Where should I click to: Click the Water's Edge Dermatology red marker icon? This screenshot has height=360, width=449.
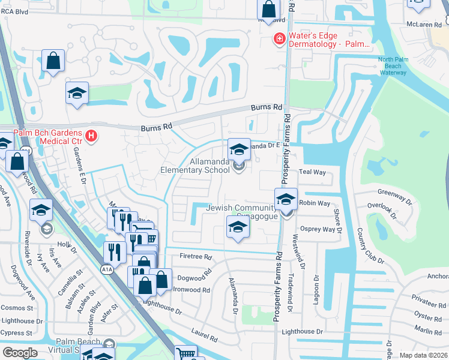pyautogui.click(x=279, y=40)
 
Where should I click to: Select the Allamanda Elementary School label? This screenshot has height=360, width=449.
pyautogui.click(x=209, y=166)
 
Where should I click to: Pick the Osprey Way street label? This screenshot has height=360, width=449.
pyautogui.click(x=318, y=229)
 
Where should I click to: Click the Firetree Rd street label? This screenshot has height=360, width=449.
pyautogui.click(x=196, y=257)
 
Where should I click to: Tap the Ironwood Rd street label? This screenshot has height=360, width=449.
pyautogui.click(x=191, y=290)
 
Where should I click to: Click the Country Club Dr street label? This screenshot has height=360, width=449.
pyautogui.click(x=370, y=246)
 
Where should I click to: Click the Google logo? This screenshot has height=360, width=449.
pyautogui.click(x=20, y=352)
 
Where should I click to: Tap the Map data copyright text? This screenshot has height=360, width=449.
pyautogui.click(x=423, y=355)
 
